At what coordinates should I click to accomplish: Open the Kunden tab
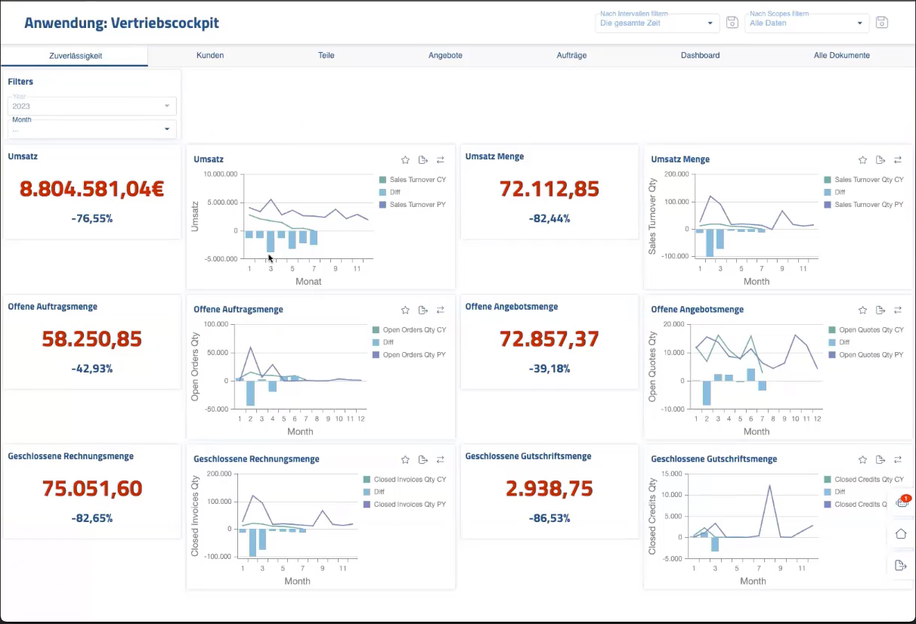pos(210,55)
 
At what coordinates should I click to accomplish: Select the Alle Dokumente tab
pos(842,55)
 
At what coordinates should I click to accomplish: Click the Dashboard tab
pos(700,55)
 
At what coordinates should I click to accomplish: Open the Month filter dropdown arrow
pos(167,129)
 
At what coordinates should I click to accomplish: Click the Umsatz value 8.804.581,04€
pos(92,189)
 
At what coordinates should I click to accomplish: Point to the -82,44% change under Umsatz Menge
pos(549,218)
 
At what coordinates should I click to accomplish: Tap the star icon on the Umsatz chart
pos(405,160)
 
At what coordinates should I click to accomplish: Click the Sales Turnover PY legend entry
pos(417,204)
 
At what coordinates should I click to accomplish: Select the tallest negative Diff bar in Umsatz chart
pos(271,241)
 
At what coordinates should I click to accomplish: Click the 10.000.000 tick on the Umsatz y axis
pos(221,174)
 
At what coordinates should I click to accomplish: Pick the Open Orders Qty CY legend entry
pos(414,330)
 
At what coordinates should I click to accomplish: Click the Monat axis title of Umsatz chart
pos(308,282)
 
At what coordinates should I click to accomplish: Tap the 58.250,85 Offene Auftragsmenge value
pos(92,338)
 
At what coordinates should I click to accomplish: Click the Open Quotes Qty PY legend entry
pos(871,355)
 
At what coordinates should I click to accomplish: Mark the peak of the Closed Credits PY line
pos(769,486)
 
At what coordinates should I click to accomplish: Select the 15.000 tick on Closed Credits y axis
pos(671,474)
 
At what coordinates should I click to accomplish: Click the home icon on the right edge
pos(901,533)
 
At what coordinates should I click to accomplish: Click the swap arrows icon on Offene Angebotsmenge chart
pos(898,310)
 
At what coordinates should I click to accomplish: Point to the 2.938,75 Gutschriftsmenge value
pos(549,488)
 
